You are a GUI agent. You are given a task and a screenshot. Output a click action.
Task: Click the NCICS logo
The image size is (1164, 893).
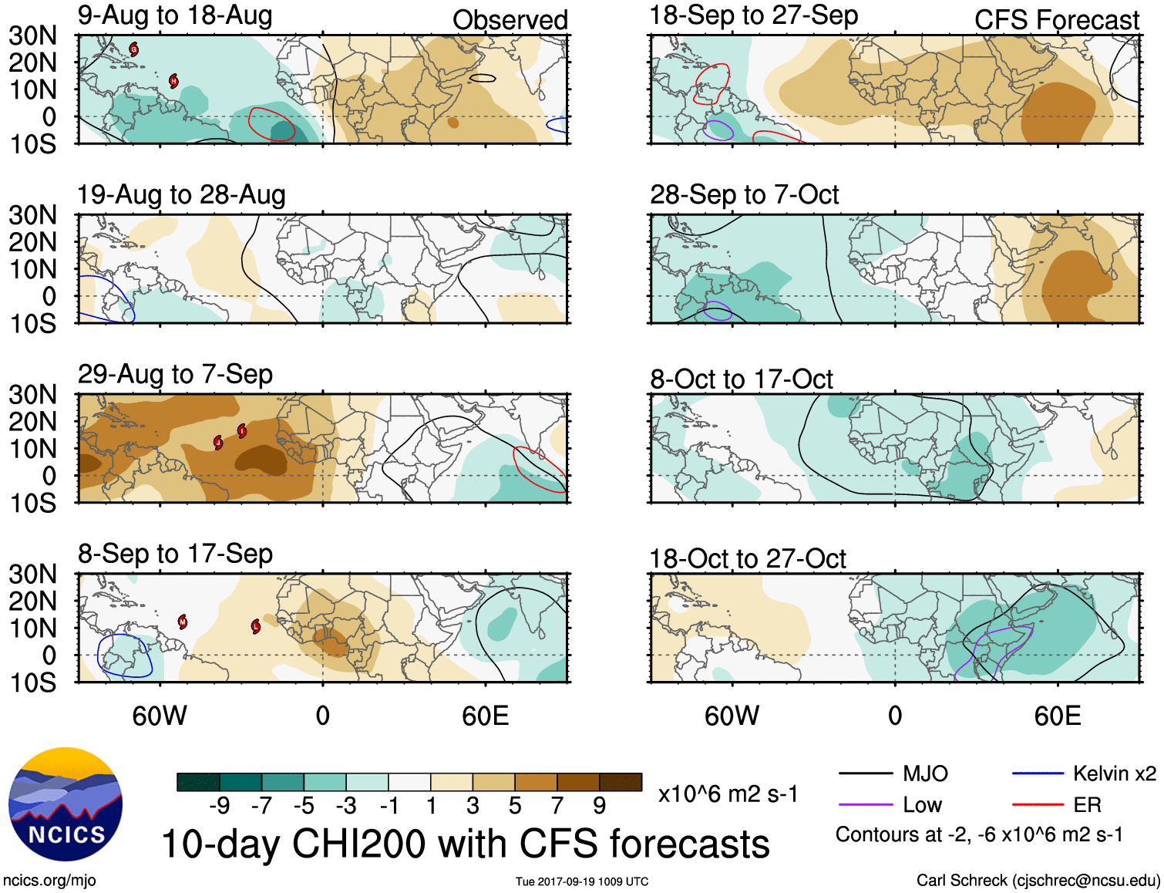click(66, 804)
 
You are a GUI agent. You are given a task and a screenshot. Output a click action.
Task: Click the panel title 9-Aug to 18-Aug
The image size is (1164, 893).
click(175, 15)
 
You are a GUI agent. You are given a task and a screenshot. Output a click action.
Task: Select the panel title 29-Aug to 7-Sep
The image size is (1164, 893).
click(175, 375)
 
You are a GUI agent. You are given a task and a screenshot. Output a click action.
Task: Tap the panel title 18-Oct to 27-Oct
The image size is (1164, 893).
click(748, 558)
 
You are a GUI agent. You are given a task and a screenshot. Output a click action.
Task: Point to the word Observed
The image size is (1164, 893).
click(510, 20)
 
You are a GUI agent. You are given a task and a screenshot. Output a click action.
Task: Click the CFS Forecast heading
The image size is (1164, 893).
click(1056, 20)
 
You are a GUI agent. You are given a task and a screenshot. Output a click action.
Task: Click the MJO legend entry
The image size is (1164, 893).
click(925, 773)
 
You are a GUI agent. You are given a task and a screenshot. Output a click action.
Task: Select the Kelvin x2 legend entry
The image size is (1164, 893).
click(1114, 773)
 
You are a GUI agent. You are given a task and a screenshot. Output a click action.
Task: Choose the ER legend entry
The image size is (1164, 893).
click(1087, 805)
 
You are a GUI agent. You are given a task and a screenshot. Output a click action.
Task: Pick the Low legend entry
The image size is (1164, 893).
click(922, 805)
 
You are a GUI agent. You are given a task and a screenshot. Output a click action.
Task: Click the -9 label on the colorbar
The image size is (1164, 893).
click(219, 806)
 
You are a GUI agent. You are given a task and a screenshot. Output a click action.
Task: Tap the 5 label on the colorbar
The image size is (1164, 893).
click(515, 806)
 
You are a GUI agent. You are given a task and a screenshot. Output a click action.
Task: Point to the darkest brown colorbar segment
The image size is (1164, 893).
click(621, 782)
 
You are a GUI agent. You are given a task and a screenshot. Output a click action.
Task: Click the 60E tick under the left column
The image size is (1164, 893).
click(486, 716)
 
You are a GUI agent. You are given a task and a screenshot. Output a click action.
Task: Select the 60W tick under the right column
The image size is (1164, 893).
click(732, 716)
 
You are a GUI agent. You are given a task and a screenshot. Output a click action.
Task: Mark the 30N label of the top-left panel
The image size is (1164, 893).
click(32, 35)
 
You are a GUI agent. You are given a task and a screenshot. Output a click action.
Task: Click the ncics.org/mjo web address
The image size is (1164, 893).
click(49, 881)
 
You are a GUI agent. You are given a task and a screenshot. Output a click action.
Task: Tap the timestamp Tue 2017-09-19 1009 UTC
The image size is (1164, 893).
click(582, 881)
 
